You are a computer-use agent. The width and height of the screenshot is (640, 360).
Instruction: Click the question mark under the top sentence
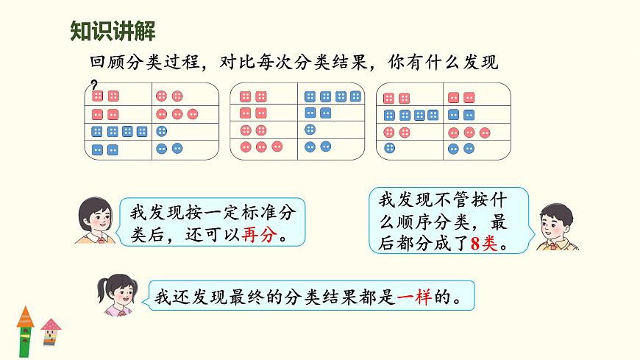93,83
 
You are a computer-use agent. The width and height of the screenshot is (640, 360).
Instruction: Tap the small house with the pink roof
50,333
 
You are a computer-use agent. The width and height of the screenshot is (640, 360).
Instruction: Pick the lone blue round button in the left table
162,131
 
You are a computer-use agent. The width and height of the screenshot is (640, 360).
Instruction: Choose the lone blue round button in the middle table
310,130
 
